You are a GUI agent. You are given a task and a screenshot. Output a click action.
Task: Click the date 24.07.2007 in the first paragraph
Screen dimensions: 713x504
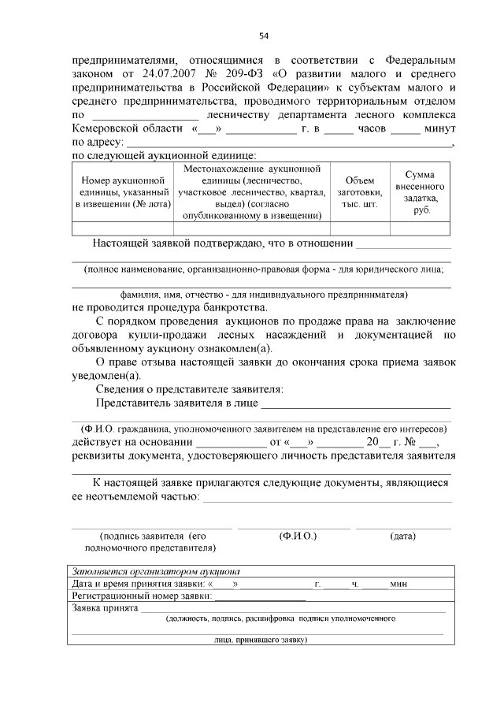[x=175, y=73]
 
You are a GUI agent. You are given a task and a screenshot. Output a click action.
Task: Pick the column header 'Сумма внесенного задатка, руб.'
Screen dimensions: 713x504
[x=425, y=192]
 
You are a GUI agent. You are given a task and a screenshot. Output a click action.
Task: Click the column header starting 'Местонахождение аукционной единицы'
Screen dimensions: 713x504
[x=251, y=192]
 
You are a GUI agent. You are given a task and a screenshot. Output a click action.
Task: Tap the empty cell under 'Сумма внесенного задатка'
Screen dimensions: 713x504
[x=425, y=228]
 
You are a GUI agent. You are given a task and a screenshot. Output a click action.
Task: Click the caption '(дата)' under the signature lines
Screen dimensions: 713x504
[x=402, y=536]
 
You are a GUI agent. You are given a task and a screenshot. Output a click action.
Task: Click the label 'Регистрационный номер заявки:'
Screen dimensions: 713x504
[x=132, y=596]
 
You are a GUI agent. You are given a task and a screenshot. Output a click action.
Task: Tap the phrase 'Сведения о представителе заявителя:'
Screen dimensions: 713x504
[x=189, y=390]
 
